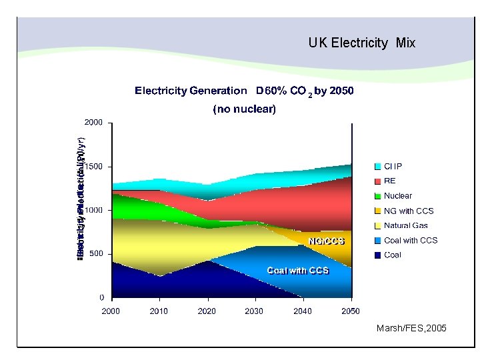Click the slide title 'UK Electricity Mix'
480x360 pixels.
361,43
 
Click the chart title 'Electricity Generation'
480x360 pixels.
191,91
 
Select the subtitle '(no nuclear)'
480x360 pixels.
244,109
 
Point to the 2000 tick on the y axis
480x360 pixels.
93,123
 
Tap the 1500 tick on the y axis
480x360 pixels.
93,167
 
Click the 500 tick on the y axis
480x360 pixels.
95,254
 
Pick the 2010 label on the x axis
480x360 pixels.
159,311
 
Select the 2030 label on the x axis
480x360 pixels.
254,311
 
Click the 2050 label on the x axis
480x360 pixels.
350,311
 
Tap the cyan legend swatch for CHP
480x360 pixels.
377,167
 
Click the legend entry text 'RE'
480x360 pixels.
389,181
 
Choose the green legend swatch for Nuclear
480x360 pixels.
377,196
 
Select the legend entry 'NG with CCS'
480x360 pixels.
408,211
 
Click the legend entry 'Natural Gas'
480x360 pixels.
405,225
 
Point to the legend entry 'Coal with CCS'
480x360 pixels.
410,240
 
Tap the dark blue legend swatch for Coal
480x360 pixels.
377,255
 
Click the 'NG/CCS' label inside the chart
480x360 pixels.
325,240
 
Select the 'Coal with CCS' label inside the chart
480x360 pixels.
297,270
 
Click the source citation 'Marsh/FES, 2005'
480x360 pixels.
411,329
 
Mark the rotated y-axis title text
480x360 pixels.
79,193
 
